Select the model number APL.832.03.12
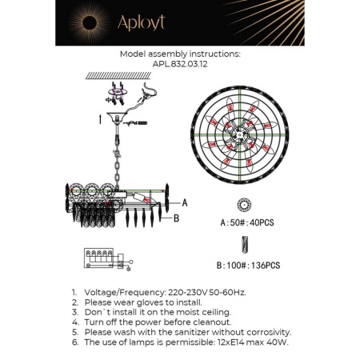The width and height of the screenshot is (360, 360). pyautogui.click(x=179, y=67)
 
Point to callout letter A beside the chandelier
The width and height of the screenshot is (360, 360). pyautogui.click(x=185, y=203)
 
